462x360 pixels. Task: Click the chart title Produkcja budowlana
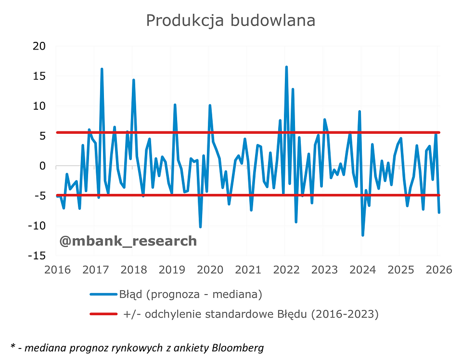point(231,21)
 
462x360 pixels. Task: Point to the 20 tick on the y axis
point(39,46)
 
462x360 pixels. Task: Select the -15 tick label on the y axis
point(37,256)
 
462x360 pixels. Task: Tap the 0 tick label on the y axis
point(42,166)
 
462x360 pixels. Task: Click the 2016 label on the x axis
point(56,270)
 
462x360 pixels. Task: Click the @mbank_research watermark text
point(128,241)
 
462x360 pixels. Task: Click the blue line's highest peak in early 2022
point(286,67)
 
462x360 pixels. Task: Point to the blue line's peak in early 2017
point(102,69)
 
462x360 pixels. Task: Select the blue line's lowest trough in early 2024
point(363,235)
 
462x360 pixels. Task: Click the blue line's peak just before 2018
point(133,80)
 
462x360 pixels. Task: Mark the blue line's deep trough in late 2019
point(200,227)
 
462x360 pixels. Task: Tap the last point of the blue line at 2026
point(439,212)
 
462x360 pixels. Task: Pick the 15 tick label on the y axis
point(39,76)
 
